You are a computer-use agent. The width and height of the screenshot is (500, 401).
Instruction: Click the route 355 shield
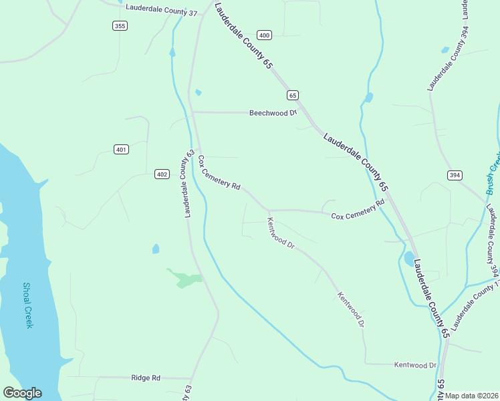[x=120, y=25]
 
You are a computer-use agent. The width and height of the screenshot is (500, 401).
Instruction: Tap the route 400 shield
[x=264, y=35]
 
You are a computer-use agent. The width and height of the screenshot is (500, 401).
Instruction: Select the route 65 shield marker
[x=292, y=96]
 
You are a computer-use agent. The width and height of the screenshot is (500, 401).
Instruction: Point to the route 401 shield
[x=121, y=149]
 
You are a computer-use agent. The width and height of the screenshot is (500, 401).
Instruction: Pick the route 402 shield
[x=161, y=174]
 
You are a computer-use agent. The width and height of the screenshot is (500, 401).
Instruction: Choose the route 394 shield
[x=455, y=175]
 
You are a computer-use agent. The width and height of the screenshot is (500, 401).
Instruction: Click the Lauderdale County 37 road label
[x=161, y=13]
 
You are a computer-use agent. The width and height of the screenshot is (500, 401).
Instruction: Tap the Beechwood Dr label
[x=272, y=113]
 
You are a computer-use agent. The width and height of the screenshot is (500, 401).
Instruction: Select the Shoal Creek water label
[x=28, y=305]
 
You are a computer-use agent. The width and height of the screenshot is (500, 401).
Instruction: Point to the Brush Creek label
[x=493, y=170]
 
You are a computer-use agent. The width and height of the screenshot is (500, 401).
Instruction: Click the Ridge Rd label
[x=146, y=378]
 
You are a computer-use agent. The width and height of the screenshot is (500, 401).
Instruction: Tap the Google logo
[x=22, y=393]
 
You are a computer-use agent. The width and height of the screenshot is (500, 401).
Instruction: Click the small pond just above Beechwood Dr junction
[x=198, y=92]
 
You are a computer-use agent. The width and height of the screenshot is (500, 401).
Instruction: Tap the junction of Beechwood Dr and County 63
[x=193, y=112]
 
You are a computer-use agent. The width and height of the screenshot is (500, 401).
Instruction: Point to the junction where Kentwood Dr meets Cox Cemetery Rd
[x=269, y=211]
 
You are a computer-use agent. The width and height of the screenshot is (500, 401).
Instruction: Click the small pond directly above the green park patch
[x=156, y=249]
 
